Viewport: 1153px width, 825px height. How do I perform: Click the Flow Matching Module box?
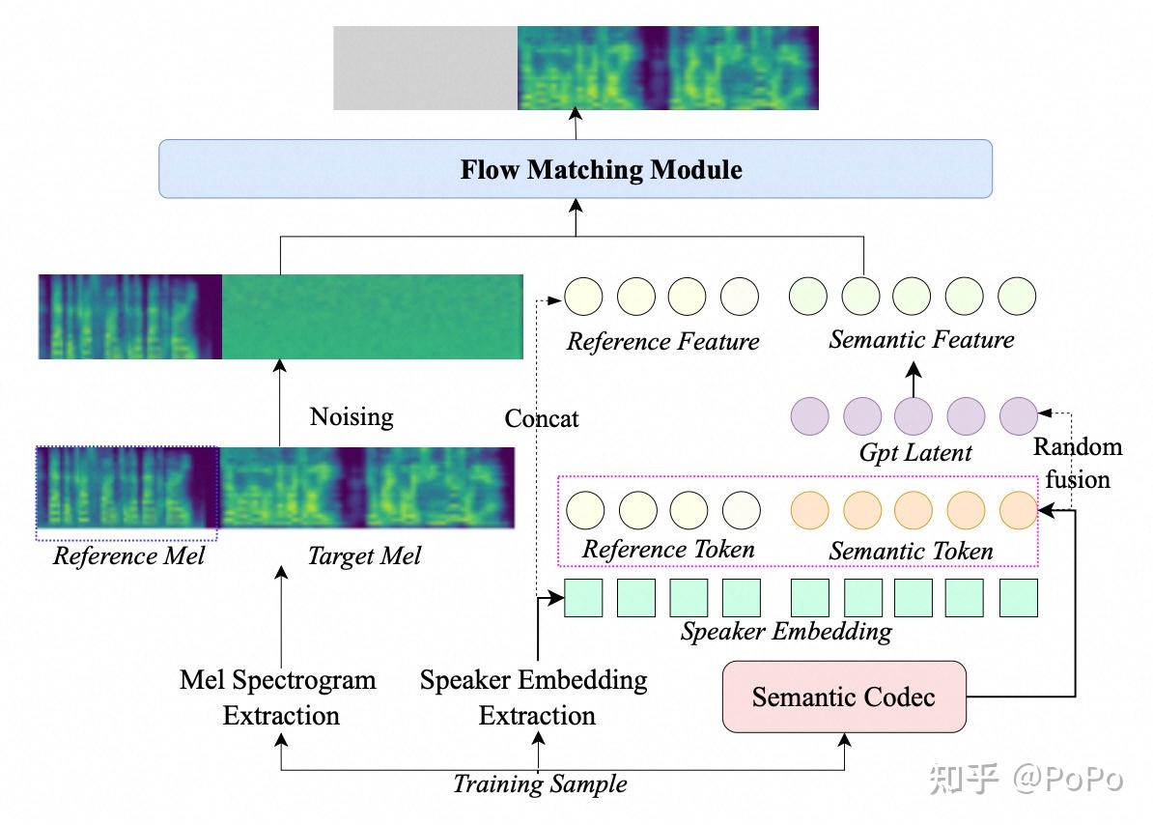coord(575,169)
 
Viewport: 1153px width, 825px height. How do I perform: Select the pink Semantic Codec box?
coord(844,697)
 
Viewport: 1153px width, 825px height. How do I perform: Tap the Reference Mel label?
coord(128,555)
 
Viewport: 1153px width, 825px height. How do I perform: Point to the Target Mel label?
coord(365,555)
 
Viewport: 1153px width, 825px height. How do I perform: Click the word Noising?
coord(352,417)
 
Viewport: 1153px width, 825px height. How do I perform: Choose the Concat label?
coord(541,418)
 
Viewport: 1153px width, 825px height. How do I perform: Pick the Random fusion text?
coord(1078,463)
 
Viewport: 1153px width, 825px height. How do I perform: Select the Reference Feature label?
coord(662,341)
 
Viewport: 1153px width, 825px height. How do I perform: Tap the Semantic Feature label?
coord(921,339)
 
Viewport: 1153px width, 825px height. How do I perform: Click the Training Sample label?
coord(540,783)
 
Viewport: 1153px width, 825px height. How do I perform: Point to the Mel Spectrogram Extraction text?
coord(279,697)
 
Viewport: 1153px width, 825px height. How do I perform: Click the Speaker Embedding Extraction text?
coord(535,697)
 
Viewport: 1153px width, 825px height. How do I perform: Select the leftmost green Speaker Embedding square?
coord(583,598)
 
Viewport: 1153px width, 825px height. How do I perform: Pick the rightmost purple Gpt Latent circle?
coord(1019,416)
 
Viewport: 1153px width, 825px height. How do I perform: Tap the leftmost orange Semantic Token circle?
coord(809,510)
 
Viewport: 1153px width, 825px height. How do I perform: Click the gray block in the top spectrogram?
coord(426,69)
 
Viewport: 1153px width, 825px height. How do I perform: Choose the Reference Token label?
coord(668,550)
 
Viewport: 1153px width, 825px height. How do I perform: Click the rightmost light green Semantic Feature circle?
coord(1017,297)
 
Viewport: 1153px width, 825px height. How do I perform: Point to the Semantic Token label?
coord(911,551)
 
